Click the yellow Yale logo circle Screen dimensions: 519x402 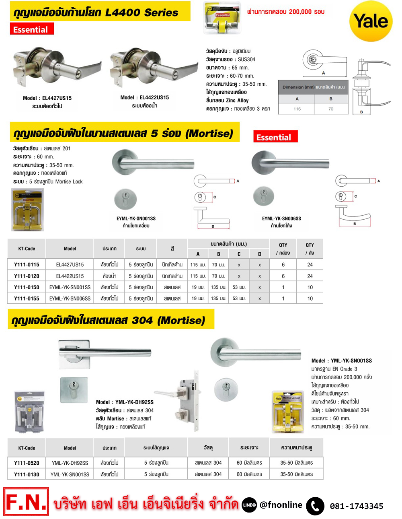tap(371, 21)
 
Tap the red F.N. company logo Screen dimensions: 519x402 tap(26, 502)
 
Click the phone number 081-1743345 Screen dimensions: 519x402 tap(356, 506)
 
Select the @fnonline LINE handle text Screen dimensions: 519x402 tap(281, 505)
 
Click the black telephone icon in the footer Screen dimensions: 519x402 tap(315, 506)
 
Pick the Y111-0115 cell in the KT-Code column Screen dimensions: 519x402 tap(27, 265)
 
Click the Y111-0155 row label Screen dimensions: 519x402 tap(27, 299)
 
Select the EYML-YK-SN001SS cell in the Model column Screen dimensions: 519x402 tap(70, 287)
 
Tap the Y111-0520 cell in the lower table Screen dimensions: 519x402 tap(27, 463)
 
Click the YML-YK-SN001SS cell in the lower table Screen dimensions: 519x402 tap(70, 474)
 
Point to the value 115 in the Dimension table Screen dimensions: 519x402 tap(297, 109)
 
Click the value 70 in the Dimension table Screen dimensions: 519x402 tap(330, 109)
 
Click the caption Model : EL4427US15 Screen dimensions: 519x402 tap(47, 98)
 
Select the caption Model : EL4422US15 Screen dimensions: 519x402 tap(144, 98)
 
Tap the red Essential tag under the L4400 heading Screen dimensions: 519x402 tap(31, 29)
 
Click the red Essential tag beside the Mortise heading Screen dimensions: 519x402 tap(275, 137)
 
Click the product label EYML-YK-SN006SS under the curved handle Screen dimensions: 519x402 tap(281, 218)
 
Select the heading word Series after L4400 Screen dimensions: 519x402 tap(161, 12)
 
